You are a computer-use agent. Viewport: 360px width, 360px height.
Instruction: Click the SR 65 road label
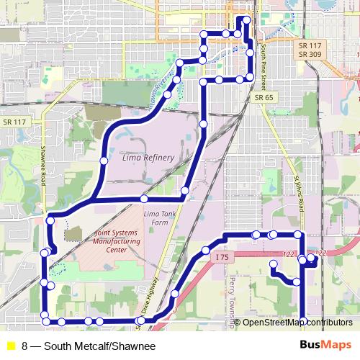[264, 96]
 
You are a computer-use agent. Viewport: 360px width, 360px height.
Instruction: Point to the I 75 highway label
[221, 255]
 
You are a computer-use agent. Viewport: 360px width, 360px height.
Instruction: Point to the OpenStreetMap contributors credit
[297, 323]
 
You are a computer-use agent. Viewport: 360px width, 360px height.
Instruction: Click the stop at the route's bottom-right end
[303, 321]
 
